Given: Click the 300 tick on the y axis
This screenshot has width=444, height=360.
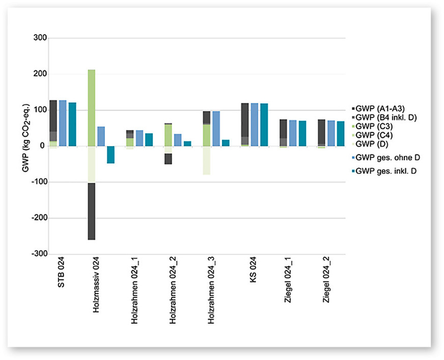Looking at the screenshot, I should pyautogui.click(x=40, y=38).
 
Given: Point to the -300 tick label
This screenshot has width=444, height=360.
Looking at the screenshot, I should pyautogui.click(x=39, y=254).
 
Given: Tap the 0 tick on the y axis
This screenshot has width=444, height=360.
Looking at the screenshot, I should pyautogui.click(x=44, y=146).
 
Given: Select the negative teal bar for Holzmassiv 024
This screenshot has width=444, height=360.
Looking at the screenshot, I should pyautogui.click(x=110, y=155).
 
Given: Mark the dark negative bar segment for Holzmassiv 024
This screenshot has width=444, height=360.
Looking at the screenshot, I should pyautogui.click(x=92, y=211).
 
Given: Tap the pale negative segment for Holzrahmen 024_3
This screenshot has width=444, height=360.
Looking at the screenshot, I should pyautogui.click(x=206, y=160).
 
